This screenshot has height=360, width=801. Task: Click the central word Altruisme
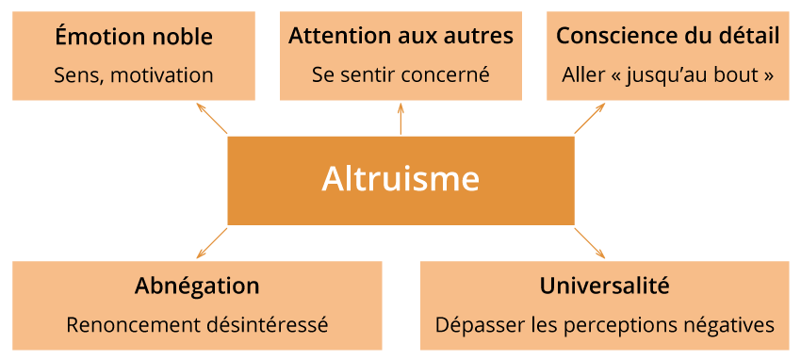point(400,179)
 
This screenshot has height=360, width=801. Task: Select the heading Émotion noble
point(134,38)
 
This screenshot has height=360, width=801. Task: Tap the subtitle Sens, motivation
point(134,74)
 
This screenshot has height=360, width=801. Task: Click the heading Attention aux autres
point(400,38)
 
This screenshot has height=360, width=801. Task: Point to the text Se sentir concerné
point(400,74)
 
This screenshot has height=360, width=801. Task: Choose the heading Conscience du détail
point(667,38)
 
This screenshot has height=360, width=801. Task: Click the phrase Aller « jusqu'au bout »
point(667,74)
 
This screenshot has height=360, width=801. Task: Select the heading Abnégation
point(197,286)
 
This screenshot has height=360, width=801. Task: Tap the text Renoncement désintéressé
point(197,325)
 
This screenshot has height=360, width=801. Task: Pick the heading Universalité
point(604,286)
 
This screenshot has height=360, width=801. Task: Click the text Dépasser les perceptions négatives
point(604,325)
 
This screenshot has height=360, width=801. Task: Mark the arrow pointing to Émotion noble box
point(212,119)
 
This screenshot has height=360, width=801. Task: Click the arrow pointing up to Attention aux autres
point(400,119)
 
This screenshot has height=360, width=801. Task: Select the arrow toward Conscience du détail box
point(590,119)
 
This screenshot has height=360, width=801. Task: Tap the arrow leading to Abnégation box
point(212,242)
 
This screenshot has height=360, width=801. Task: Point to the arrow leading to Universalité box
point(590,242)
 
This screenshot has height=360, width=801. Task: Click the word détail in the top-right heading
point(749,38)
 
